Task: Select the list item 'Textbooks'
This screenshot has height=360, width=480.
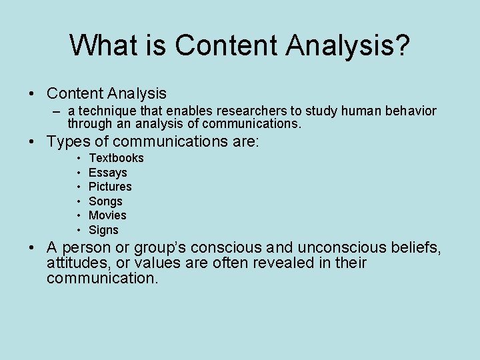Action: (116, 158)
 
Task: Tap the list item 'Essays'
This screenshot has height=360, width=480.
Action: (107, 173)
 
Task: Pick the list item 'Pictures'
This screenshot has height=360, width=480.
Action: (110, 187)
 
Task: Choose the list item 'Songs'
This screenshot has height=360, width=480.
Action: (105, 201)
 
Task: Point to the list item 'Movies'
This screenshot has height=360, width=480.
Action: (107, 215)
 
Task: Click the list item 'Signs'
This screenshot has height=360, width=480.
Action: (103, 230)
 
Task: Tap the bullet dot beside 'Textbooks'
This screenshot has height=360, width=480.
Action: (77, 158)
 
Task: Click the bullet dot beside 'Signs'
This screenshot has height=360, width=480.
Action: (77, 230)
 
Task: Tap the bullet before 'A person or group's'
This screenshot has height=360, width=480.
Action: (32, 248)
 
